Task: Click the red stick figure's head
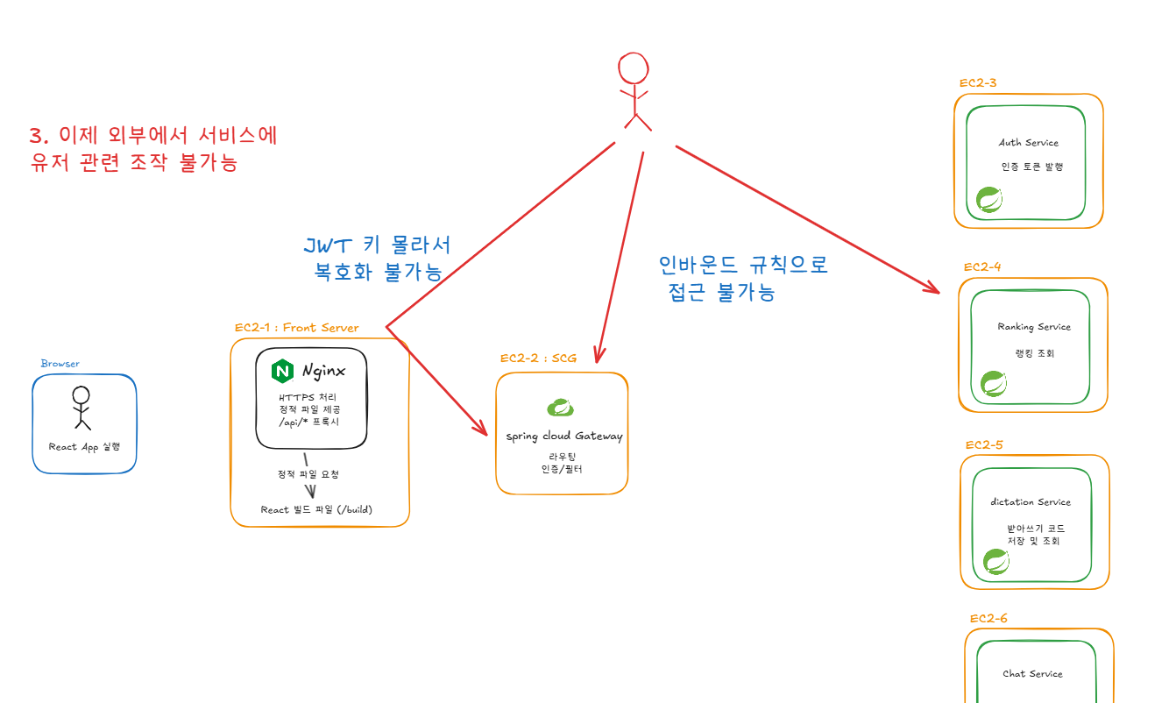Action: click(634, 68)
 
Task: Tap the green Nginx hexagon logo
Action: click(282, 371)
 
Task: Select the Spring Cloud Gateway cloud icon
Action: click(561, 407)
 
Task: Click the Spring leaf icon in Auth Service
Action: click(989, 200)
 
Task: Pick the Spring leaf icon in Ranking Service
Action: click(993, 383)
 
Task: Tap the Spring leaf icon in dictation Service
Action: click(995, 561)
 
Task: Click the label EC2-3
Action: click(977, 83)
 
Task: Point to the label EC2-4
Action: click(982, 266)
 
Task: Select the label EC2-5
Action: click(984, 444)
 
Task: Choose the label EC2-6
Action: click(988, 619)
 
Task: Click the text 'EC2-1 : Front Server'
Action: click(296, 328)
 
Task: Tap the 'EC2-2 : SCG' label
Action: click(538, 358)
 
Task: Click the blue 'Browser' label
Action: click(60, 364)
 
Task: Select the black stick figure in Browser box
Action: click(81, 407)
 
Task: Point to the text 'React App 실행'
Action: click(84, 447)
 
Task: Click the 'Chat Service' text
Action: click(1032, 674)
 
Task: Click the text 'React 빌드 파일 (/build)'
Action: click(322, 509)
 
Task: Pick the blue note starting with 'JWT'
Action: click(378, 259)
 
